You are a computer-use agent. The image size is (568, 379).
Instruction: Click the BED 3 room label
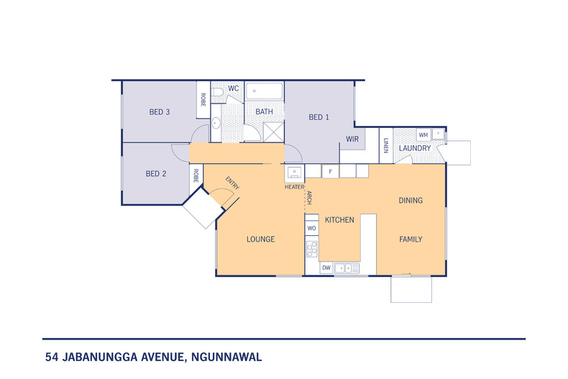coord(159,111)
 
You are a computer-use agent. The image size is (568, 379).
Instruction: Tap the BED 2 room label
coord(156,173)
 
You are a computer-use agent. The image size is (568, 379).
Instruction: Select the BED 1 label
coord(319,117)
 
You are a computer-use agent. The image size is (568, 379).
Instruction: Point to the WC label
coord(233,88)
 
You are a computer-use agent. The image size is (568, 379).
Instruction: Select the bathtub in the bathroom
coord(265,91)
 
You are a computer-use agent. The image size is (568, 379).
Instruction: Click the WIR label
coord(352,139)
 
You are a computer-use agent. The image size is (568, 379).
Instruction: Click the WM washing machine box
coord(423,134)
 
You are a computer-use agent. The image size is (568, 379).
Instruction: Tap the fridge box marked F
coord(330,172)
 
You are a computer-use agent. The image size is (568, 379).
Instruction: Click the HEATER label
coord(294,186)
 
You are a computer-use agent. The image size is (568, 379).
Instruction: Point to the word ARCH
coord(308,198)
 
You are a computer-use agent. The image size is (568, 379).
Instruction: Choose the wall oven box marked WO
coord(311,228)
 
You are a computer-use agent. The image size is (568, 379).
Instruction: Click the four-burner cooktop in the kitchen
coord(312,250)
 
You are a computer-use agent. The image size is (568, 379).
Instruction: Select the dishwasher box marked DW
coord(326,268)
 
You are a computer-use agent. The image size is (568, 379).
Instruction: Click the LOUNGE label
coord(260,239)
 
